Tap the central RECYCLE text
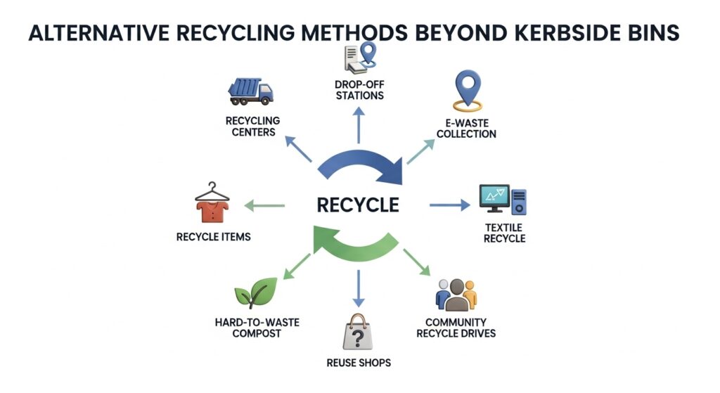358,205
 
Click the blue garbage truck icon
251,91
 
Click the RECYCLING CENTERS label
252,127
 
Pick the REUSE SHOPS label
359,363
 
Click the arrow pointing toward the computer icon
449,205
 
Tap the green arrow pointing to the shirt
264,205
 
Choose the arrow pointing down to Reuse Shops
359,285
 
